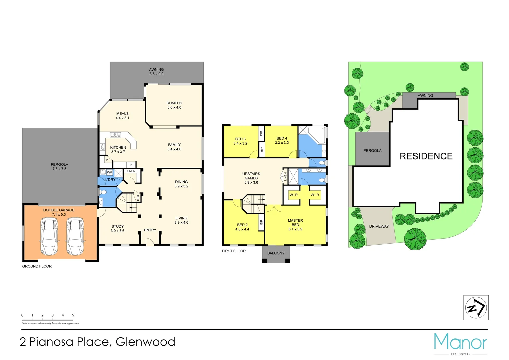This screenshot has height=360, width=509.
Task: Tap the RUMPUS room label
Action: (x=174, y=103)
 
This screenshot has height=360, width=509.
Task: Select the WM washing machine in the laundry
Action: (x=110, y=172)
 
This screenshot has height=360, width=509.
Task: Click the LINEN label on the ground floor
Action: (x=131, y=171)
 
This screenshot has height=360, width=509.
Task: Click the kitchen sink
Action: (x=116, y=135)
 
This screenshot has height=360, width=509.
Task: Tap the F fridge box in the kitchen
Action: (x=131, y=165)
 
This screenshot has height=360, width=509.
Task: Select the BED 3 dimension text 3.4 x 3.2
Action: (x=240, y=144)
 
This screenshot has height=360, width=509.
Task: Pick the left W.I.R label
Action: (x=294, y=195)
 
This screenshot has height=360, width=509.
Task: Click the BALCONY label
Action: (x=276, y=253)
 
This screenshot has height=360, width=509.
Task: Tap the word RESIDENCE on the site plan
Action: (x=426, y=156)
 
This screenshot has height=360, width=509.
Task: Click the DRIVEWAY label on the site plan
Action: (x=379, y=226)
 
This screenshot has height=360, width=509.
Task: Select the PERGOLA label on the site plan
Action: (x=372, y=151)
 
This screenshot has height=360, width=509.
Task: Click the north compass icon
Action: (x=476, y=308)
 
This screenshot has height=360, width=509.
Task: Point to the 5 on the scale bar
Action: (x=73, y=315)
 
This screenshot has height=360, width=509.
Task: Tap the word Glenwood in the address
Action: (x=145, y=342)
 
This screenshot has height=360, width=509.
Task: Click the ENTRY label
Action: (x=150, y=230)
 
